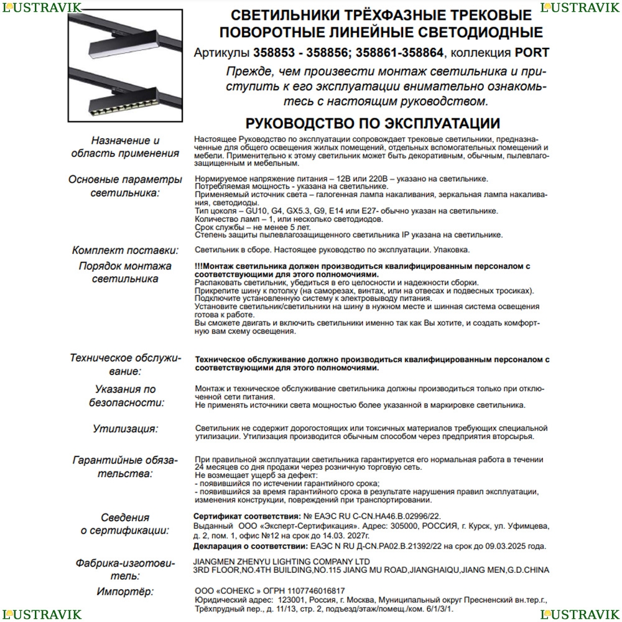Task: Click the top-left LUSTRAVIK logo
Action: [x=41, y=7]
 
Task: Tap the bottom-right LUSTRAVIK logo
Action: [x=580, y=615]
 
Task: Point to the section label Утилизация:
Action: [x=126, y=429]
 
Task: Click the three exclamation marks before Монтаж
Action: [x=198, y=266]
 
